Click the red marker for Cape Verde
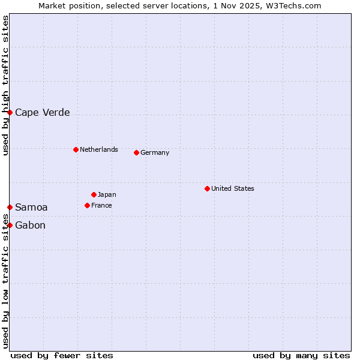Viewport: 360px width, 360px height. click(10, 112)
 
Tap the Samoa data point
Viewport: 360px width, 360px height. click(10, 207)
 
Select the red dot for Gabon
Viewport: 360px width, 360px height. click(10, 225)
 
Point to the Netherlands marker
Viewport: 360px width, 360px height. click(76, 149)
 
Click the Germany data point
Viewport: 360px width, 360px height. click(136, 152)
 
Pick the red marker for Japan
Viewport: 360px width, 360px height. click(94, 194)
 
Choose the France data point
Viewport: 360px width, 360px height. click(87, 205)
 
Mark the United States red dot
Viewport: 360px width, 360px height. click(207, 188)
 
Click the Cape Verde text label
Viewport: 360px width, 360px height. click(42, 113)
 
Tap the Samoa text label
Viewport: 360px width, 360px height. click(31, 208)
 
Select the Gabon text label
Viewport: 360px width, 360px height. click(30, 226)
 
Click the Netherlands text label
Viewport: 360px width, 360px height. click(98, 149)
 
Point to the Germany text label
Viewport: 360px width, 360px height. click(155, 152)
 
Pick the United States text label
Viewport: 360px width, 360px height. click(232, 188)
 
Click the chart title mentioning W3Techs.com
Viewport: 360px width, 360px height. click(180, 5)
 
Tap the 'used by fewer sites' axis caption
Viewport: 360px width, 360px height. click(62, 355)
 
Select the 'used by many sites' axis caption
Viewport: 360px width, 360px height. click(301, 355)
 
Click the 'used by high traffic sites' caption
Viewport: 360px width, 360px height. click(5, 85)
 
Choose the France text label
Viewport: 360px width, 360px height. click(101, 205)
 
